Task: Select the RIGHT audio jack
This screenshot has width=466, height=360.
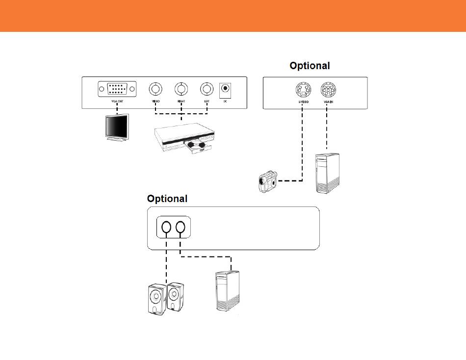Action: click(181, 89)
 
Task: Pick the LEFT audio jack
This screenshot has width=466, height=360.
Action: click(207, 89)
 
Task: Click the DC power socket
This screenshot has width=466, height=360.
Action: click(225, 89)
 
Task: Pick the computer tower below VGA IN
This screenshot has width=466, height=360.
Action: click(327, 173)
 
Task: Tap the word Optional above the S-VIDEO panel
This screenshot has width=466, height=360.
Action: click(310, 66)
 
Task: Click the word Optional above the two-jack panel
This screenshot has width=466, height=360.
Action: click(167, 199)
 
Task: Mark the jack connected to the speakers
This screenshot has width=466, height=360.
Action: click(166, 227)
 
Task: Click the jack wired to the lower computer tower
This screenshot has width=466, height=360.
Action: click(181, 227)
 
